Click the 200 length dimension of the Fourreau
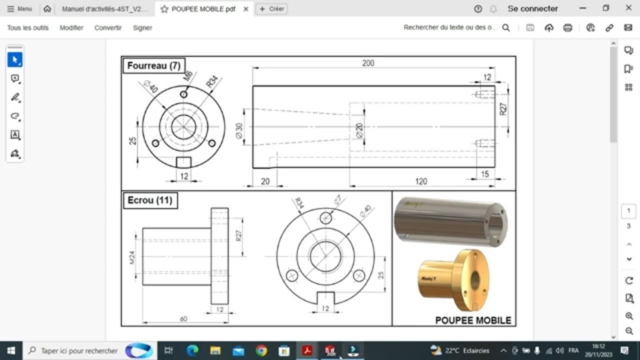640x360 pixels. (368, 63)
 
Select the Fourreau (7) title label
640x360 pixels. (153, 65)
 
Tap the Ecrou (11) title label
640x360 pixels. (149, 200)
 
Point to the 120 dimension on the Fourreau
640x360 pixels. (421, 181)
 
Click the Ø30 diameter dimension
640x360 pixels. (239, 130)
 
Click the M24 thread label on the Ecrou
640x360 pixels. (132, 257)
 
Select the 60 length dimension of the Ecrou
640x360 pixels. (183, 319)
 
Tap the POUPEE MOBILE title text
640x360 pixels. (473, 320)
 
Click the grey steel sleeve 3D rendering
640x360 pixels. (450, 221)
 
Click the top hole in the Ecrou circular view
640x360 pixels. (326, 218)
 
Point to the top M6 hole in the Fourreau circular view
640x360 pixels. (183, 94)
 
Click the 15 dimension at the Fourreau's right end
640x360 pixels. (484, 174)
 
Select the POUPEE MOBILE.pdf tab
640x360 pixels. (203, 8)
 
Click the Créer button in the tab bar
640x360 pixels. (271, 8)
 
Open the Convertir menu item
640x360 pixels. (108, 28)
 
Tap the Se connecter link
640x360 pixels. (532, 8)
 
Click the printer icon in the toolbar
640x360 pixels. (567, 28)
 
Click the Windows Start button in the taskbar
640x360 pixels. (11, 350)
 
